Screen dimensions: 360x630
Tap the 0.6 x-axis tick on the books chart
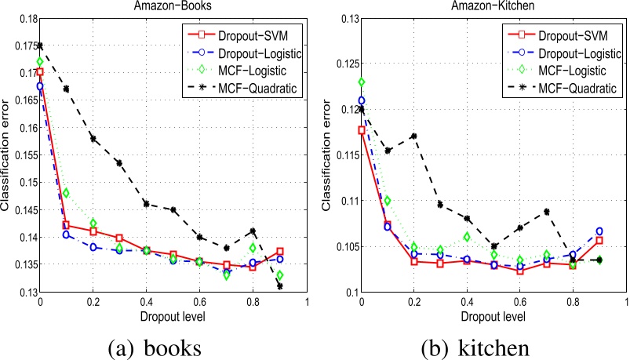pos(199,300)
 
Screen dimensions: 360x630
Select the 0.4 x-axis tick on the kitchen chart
pos(468,300)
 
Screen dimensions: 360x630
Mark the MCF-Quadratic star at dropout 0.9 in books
pos(280,286)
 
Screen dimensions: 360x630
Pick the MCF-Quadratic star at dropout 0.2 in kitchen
pos(414,136)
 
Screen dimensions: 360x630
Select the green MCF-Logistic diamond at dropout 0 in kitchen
pos(362,82)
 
